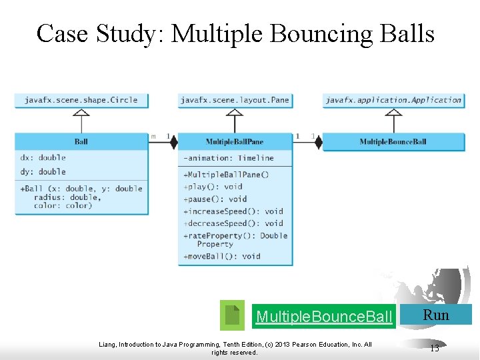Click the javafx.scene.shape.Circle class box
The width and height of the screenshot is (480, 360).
coord(81,100)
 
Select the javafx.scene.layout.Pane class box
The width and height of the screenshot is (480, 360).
coord(235,100)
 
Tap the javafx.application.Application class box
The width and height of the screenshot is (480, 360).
coord(393,100)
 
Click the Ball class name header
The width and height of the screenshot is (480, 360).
coord(81,141)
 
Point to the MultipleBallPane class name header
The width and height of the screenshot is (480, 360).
coord(235,141)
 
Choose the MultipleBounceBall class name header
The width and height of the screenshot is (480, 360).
coord(393,141)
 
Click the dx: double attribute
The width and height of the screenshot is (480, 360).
coord(43,158)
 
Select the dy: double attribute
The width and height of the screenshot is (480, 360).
coord(43,171)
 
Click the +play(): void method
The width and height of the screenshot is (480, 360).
coord(213,187)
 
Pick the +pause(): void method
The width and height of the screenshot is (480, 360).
coord(215,199)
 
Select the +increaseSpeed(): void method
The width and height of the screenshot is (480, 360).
coord(233,211)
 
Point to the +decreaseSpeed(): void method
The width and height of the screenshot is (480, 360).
coord(233,223)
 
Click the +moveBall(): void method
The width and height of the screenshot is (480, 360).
coord(221,256)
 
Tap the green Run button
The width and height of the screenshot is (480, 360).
coord(437,315)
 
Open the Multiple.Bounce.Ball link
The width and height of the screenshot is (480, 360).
coord(324,316)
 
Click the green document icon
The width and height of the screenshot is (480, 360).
coord(232,315)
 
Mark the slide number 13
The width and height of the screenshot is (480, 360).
coord(435,347)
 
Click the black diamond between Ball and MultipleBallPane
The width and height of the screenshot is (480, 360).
coord(173,141)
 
